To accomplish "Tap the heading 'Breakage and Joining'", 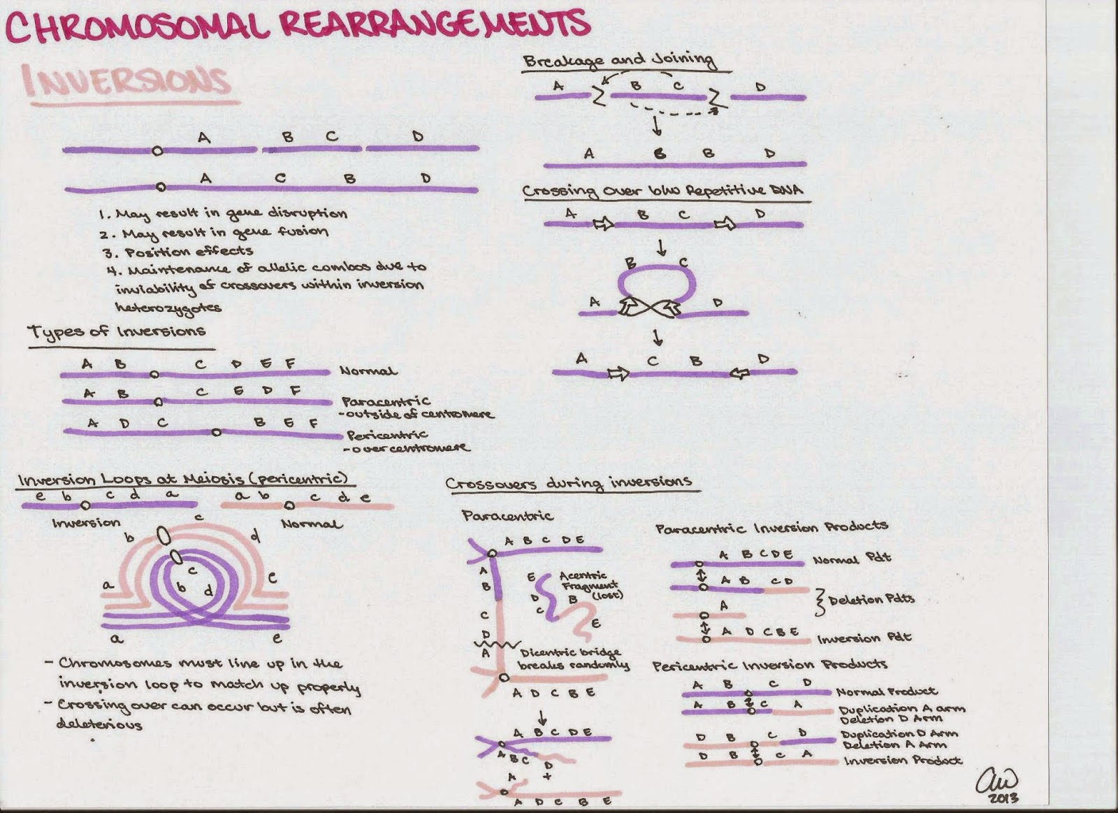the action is (620, 61).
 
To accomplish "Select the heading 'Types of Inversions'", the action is (117, 332).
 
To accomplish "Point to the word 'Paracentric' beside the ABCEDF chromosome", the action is (386, 401).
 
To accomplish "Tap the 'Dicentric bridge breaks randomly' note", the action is (573, 659).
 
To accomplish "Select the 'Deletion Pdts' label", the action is (871, 599).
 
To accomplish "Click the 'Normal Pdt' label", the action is (852, 559).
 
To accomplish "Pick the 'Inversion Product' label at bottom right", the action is (903, 760).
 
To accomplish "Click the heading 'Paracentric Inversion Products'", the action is (771, 527).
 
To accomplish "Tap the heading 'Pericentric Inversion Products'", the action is (769, 665).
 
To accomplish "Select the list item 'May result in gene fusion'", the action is (223, 232).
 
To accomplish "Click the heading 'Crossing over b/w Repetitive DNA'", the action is (662, 191).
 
